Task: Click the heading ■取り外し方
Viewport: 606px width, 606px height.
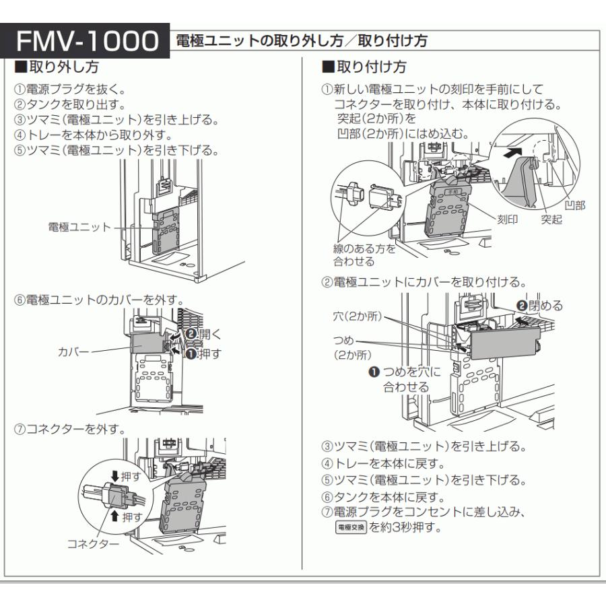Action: pyautogui.click(x=54, y=68)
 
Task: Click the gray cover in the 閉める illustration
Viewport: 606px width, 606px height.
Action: pyautogui.click(x=502, y=343)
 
